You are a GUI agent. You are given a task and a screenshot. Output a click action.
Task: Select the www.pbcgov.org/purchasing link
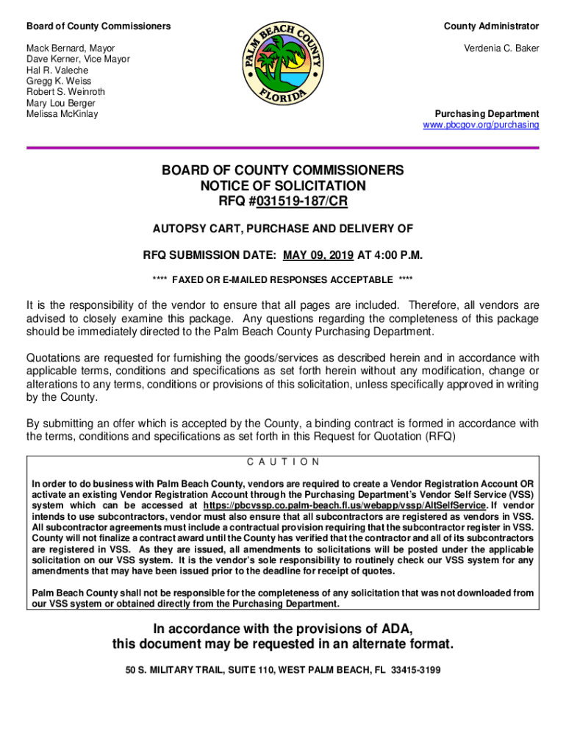[481, 125]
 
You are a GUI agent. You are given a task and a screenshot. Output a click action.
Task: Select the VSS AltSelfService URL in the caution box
[344, 506]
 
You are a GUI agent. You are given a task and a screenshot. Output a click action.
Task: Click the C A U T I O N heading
[283, 463]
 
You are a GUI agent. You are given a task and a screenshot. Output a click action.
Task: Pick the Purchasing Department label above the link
[487, 114]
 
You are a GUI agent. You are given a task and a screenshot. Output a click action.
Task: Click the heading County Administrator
[491, 26]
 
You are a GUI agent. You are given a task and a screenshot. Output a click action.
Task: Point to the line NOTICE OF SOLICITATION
[283, 186]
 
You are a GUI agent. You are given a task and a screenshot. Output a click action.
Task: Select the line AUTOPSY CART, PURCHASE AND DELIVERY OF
[283, 229]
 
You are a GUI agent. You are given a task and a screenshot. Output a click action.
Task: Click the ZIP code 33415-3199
[416, 671]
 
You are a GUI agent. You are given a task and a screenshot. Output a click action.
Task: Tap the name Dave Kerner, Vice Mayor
[78, 59]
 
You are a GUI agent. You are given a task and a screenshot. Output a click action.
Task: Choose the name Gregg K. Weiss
[59, 81]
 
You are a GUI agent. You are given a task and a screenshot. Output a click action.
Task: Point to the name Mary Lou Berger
[61, 103]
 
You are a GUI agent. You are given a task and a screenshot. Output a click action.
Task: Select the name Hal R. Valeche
[59, 70]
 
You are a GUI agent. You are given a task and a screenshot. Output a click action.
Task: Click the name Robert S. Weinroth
[65, 92]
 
